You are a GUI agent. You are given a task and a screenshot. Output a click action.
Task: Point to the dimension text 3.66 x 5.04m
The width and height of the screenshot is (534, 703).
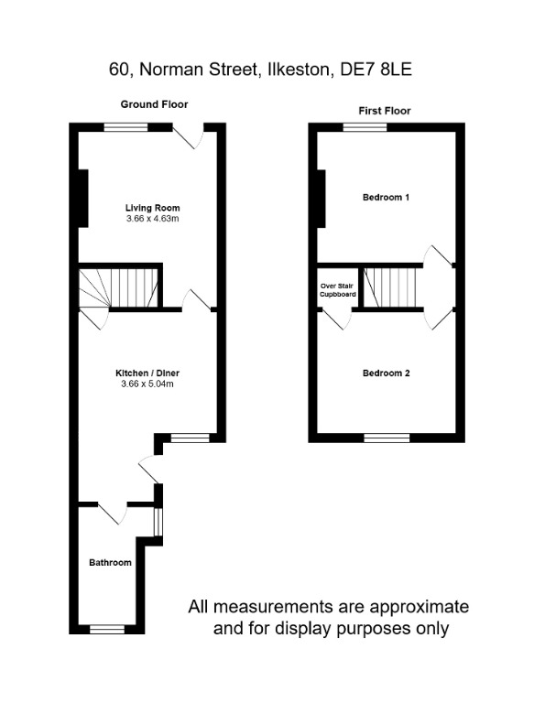pos(147,384)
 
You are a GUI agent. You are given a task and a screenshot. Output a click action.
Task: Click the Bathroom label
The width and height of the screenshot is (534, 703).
pos(110,562)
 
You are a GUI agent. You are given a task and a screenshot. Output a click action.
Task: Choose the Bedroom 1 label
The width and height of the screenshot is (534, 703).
pos(386,198)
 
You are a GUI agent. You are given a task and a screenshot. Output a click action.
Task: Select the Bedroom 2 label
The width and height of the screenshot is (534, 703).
pos(386,373)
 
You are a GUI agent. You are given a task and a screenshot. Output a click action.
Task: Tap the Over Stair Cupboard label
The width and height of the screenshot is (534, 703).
pos(337,290)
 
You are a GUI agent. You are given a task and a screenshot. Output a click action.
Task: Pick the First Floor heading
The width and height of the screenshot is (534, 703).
pos(385,111)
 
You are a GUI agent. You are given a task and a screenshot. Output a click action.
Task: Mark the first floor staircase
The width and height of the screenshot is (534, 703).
pos(391,287)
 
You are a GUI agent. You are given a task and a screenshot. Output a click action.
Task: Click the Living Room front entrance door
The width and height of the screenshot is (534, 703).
pos(188,137)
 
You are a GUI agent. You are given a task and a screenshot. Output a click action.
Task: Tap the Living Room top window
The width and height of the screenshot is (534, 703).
pos(125,128)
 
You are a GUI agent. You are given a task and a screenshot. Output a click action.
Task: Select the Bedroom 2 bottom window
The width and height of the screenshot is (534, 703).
pos(386,438)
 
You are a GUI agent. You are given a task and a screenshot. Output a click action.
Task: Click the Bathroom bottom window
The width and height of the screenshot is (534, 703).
pos(107,629)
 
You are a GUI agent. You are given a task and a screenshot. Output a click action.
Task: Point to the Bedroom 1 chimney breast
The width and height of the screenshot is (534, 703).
pos(321,199)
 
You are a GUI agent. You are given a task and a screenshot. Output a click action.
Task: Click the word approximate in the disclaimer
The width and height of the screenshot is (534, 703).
pos(416,607)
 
